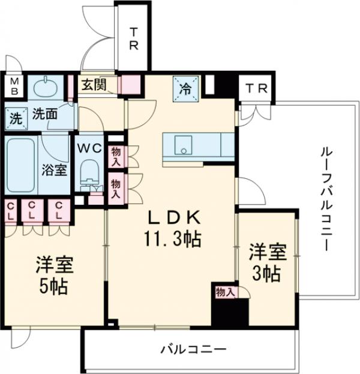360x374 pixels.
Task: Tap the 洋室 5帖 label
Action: coord(54,274)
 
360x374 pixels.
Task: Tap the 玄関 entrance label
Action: coord(94,85)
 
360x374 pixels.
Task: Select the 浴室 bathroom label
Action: coord(53,169)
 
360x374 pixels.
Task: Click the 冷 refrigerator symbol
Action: coord(185,89)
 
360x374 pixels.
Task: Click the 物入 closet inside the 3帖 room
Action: coord(225,292)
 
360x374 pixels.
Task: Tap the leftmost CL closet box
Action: coord(10,211)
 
